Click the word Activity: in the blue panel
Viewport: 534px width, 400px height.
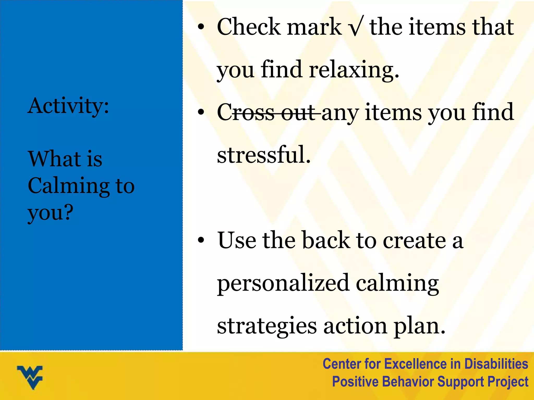(x=68, y=106)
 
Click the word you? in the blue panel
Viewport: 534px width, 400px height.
(x=50, y=213)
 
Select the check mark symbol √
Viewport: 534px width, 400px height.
(x=355, y=27)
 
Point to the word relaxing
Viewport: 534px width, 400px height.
(x=354, y=70)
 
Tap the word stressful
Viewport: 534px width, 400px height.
(x=264, y=155)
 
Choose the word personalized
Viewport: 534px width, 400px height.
(x=283, y=283)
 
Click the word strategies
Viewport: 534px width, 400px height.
(x=267, y=326)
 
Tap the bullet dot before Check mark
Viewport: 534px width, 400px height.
(x=201, y=27)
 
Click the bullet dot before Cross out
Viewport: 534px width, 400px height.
(x=201, y=112)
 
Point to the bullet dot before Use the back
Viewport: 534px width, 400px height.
(x=201, y=240)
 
